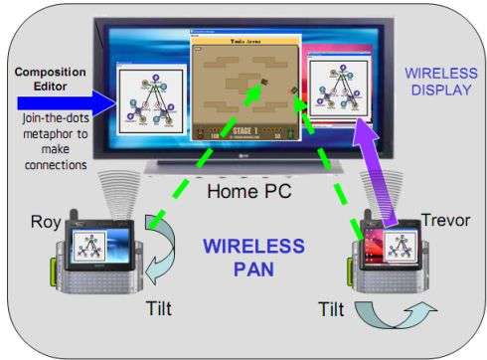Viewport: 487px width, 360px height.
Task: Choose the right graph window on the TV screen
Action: tap(339, 97)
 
